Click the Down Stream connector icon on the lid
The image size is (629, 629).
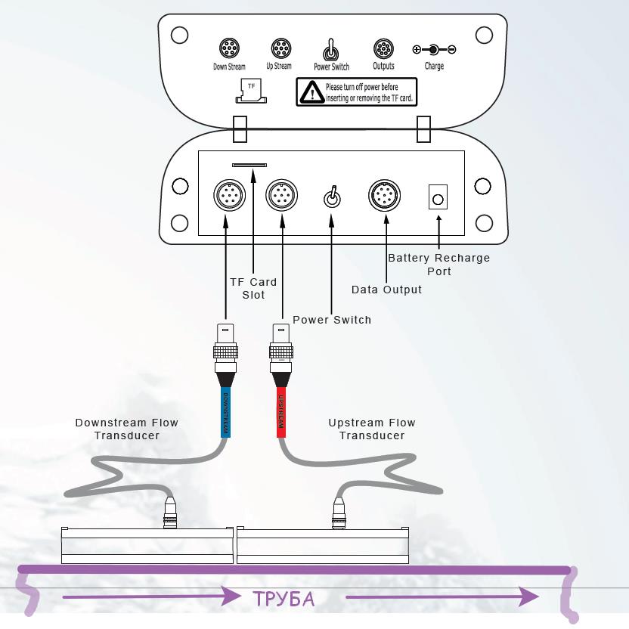point(230,50)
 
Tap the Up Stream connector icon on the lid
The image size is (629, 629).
point(280,49)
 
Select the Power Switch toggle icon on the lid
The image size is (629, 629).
point(330,51)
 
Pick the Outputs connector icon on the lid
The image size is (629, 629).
point(383,50)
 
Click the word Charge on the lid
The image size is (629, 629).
point(434,67)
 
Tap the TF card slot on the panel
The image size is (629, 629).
point(249,163)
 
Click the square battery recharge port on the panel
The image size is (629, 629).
point(437,197)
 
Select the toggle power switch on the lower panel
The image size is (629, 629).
point(331,197)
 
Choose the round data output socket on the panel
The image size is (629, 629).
point(384,197)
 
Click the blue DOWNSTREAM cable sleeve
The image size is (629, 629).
point(225,413)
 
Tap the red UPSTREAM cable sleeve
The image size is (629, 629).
point(280,413)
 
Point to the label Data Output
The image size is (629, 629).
point(386,290)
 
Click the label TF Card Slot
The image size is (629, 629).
point(253,288)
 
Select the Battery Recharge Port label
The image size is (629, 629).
point(438,265)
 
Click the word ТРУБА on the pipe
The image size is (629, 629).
point(284,600)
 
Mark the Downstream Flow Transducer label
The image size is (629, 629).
point(126,429)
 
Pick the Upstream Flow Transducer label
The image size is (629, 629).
point(372,429)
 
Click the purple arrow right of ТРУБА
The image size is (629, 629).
point(442,597)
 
